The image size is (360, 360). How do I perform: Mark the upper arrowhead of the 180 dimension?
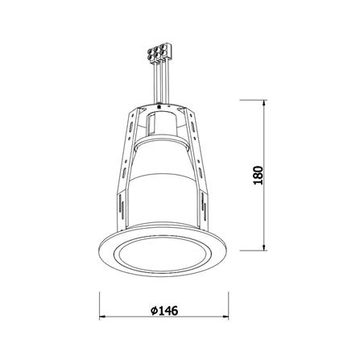click(x=266, y=103)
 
